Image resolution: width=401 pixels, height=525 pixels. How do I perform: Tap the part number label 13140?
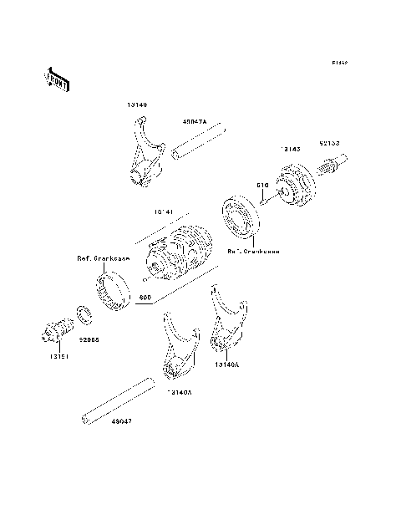tap(138, 105)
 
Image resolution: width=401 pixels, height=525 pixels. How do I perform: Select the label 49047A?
tap(195, 121)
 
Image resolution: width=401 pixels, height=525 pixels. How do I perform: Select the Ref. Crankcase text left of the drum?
tap(102, 257)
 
